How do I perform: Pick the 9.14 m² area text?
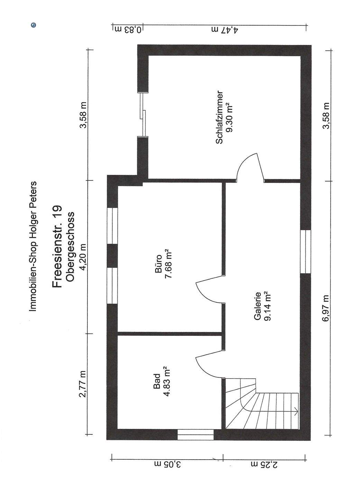(x=267, y=306)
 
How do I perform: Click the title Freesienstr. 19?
(x=57, y=246)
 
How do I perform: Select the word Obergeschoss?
(x=70, y=246)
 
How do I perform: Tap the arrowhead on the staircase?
(x=296, y=411)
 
